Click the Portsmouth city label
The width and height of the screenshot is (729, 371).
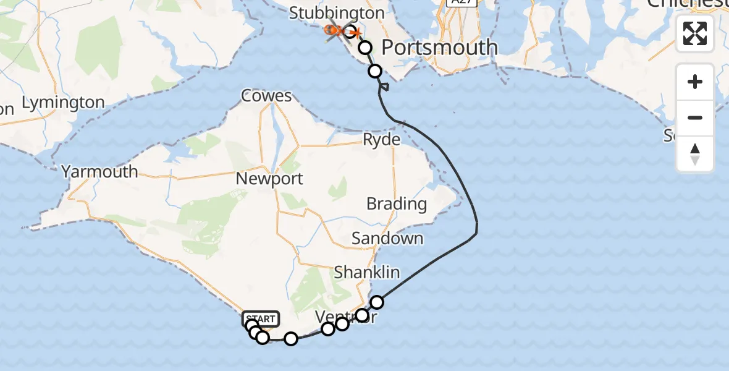pos(440,47)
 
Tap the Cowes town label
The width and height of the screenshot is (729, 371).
pos(266,96)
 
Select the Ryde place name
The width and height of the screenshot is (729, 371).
pos(381,140)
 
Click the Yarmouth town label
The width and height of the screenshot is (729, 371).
pos(100,172)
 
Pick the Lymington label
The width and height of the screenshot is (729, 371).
pos(63,102)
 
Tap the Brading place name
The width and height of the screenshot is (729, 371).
pos(396,203)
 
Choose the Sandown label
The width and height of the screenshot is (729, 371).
pos(387,238)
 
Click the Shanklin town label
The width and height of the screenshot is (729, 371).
pos(367,272)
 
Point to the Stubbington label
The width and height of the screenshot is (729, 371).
pos(337,12)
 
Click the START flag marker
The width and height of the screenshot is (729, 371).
pos(261,319)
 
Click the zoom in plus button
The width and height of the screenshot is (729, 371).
pos(695,82)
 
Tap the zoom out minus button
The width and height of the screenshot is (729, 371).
pos(695,117)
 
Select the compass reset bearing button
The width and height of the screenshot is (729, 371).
pos(695,154)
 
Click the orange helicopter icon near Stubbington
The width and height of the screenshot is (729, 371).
pos(334,30)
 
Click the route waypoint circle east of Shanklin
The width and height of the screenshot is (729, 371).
pos(377,302)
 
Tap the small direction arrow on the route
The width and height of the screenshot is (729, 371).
pos(384,88)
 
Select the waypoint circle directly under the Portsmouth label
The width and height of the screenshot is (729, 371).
pos(374,71)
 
